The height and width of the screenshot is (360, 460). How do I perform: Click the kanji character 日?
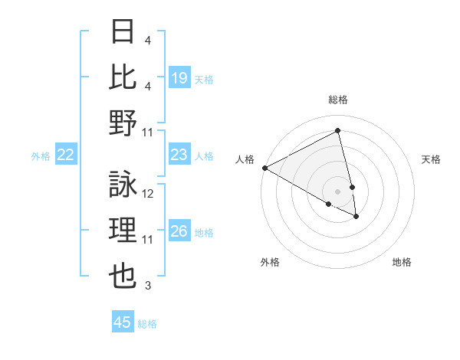(123, 31)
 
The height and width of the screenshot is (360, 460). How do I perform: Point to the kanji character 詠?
(123, 185)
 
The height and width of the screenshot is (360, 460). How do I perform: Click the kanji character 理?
(123, 231)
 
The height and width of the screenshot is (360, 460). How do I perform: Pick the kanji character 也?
(123, 277)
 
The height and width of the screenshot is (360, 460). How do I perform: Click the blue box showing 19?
(179, 77)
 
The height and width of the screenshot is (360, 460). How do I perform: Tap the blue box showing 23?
(179, 155)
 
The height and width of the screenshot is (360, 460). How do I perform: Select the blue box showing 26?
(179, 231)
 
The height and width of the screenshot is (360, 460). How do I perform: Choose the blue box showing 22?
(66, 155)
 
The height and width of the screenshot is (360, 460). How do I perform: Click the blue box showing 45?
(123, 322)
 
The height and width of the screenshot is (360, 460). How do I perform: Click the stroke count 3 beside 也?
(148, 286)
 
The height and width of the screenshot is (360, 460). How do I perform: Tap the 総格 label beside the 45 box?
(147, 324)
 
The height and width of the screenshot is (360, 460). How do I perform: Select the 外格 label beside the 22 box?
(41, 156)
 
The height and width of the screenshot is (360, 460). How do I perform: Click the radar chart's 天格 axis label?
(432, 159)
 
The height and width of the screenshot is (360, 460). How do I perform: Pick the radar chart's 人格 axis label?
(245, 159)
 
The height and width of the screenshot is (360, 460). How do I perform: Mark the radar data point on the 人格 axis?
(264, 168)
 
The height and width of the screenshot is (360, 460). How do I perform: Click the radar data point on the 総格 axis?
(338, 131)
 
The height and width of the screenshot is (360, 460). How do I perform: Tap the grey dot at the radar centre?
(338, 191)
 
